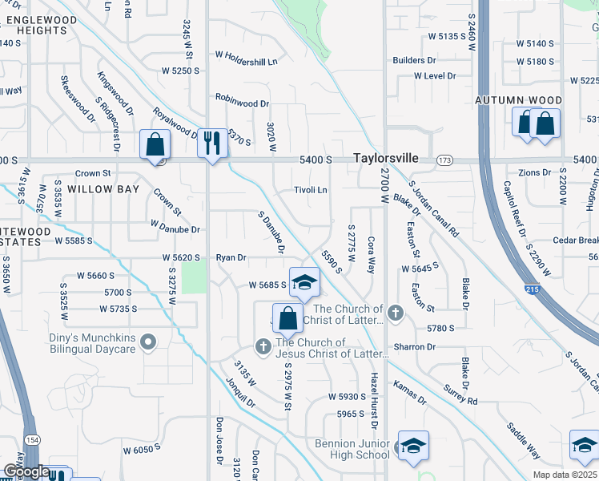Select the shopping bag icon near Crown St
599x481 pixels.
155,145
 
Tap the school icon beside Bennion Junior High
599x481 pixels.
413,447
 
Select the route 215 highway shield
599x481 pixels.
532,289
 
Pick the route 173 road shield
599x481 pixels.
444,160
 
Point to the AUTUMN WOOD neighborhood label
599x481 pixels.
518,100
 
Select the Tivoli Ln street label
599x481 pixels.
311,190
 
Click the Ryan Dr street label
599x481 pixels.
231,257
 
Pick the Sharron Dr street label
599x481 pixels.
414,347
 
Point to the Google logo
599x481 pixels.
26,471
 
